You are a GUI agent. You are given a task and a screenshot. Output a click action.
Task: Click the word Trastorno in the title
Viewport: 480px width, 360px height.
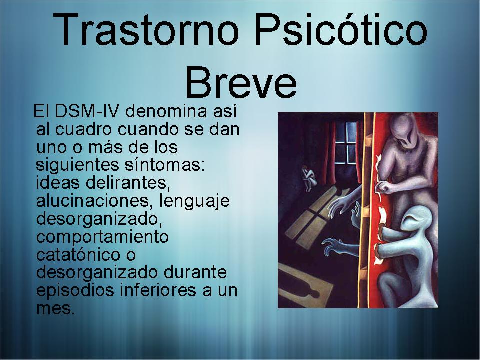pos(145,30)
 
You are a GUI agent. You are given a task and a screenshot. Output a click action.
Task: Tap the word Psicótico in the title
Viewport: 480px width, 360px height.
pos(340,30)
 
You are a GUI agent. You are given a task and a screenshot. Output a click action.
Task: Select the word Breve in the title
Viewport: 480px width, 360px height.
pos(241,82)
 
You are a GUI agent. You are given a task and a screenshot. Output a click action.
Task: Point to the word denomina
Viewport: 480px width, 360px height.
pos(166,111)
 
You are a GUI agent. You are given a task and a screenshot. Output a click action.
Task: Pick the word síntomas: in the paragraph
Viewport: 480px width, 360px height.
pos(164,165)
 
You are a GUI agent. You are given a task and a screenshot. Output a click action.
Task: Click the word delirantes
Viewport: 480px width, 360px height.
pos(127,183)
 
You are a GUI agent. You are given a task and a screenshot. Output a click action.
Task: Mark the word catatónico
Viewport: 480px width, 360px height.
pos(78,254)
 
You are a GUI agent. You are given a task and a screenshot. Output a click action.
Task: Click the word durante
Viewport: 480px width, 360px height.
pos(195,272)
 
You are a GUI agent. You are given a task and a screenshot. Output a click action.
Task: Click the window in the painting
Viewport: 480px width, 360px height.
pos(346,143)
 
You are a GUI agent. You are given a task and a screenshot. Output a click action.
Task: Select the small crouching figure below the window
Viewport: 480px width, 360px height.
pos(309,178)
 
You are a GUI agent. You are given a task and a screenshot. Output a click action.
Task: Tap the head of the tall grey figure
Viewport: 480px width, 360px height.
pos(404,130)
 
